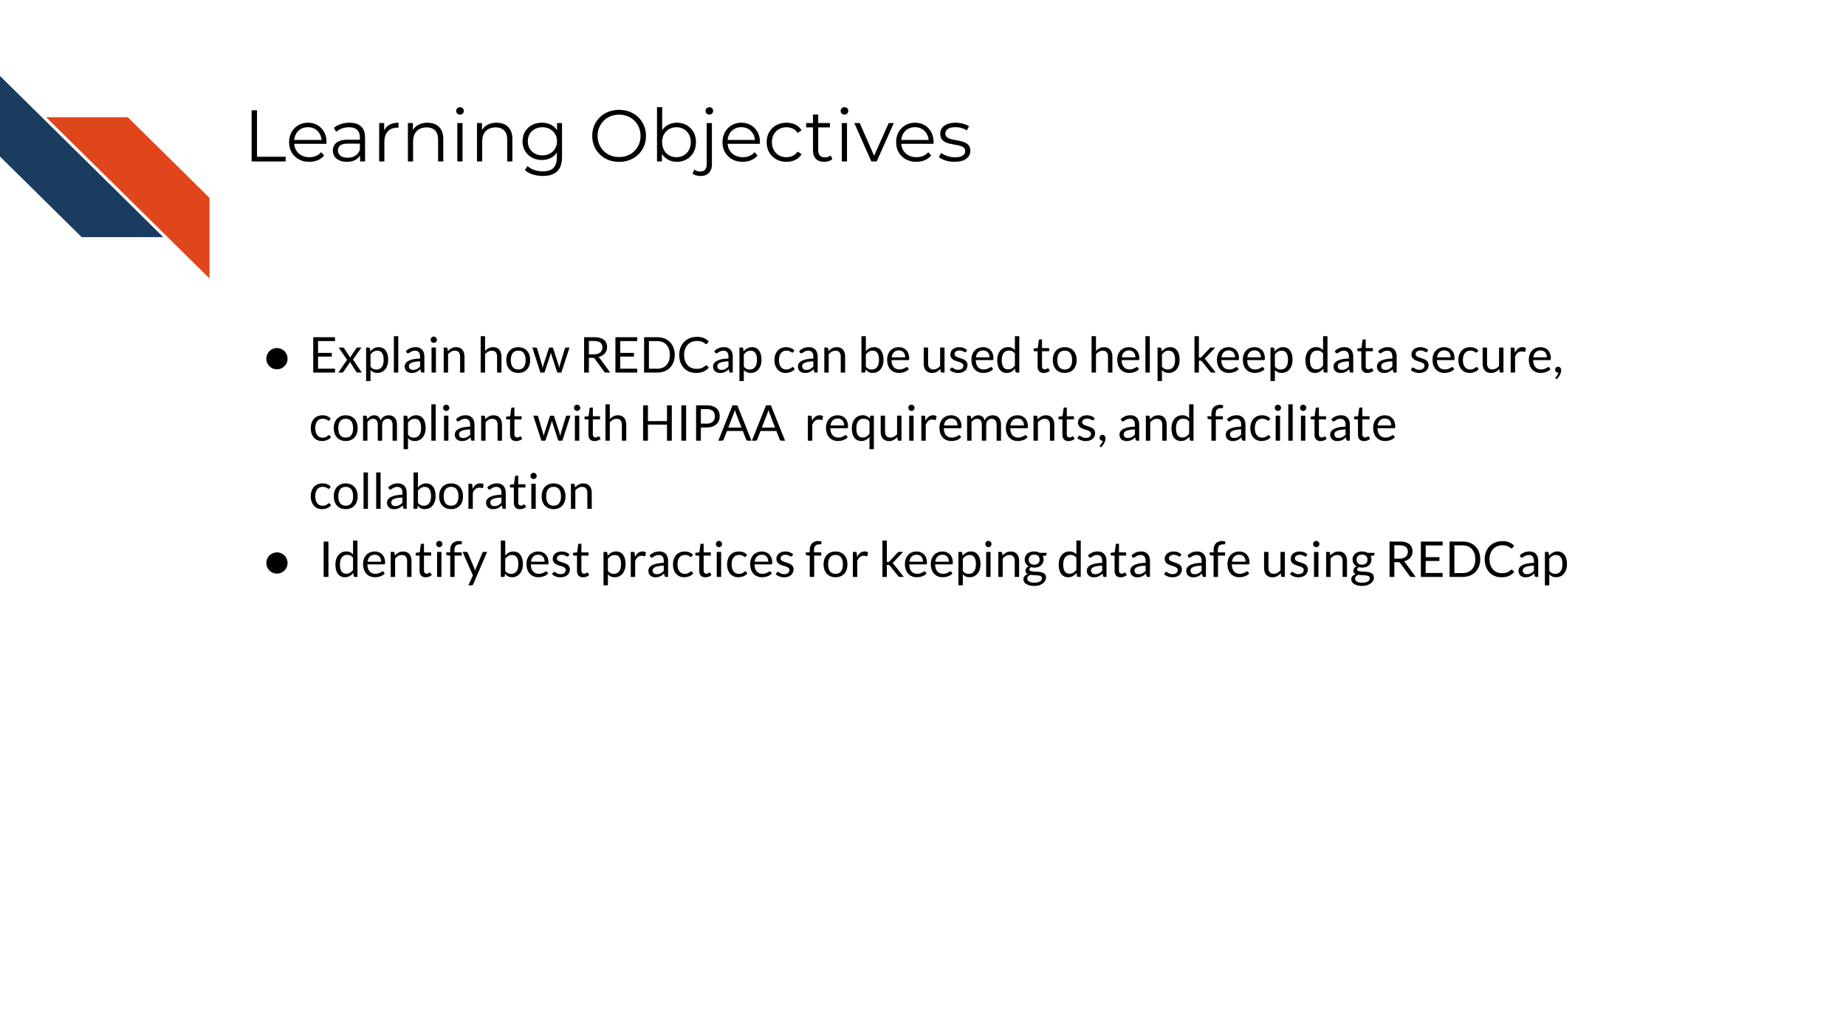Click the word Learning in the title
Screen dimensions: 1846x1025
click(x=405, y=138)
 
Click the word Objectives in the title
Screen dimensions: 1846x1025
click(x=780, y=138)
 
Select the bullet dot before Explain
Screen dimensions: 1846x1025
click(x=277, y=359)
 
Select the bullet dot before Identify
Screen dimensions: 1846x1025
click(x=277, y=563)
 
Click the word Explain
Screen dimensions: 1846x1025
click(x=388, y=357)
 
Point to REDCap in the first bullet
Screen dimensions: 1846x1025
click(x=670, y=357)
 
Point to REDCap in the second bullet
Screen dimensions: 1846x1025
click(x=1476, y=561)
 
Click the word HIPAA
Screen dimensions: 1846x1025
click(x=711, y=425)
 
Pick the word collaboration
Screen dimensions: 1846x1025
click(x=451, y=493)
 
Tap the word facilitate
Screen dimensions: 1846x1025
click(x=1301, y=425)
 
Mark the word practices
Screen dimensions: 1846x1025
click(x=697, y=561)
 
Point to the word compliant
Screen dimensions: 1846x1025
click(x=416, y=426)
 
